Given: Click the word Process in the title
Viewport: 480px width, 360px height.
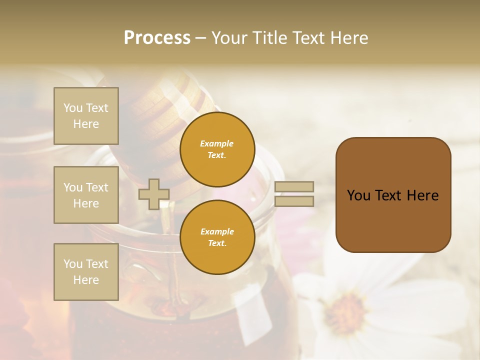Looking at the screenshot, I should click(157, 38).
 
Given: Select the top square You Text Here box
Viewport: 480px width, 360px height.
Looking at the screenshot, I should click(86, 116).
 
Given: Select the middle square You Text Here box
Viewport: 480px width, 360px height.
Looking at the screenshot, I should click(86, 195).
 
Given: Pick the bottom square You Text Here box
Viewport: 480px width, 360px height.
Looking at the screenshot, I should click(86, 271).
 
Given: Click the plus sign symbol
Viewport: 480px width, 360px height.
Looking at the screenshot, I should click(154, 194).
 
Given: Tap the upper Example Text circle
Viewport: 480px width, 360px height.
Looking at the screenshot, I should click(217, 149).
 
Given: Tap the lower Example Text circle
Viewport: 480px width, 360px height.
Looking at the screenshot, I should click(217, 237).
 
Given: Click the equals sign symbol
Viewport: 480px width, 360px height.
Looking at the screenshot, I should click(294, 194).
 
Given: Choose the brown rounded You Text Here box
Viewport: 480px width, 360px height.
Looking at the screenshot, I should click(393, 195).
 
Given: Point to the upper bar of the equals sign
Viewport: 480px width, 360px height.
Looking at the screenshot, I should click(294, 186).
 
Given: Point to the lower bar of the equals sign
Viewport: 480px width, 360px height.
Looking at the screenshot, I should click(294, 201).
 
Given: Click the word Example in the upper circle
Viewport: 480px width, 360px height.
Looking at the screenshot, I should click(217, 143).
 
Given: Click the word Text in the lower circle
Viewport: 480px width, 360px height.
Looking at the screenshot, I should click(217, 243).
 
